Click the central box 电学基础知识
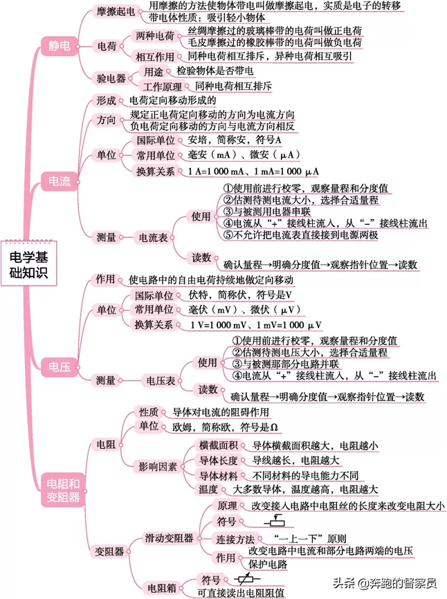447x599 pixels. [x=28, y=264]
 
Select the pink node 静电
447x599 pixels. [x=60, y=46]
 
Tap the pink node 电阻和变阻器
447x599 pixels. [x=63, y=490]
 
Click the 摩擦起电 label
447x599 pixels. [x=116, y=12]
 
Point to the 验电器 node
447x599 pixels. [x=111, y=78]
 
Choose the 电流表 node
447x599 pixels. [x=153, y=238]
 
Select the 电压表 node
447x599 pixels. [x=161, y=380]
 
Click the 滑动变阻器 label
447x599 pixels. [x=169, y=538]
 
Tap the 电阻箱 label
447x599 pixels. [x=162, y=588]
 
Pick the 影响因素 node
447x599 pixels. [x=157, y=466]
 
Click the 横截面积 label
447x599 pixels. [x=218, y=445]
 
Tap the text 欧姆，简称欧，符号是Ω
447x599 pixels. [x=225, y=427]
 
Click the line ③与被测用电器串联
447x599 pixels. [x=266, y=212]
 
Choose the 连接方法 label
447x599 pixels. [x=235, y=539]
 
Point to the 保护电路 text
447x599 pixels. [x=267, y=564]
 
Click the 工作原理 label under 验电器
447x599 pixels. [x=163, y=86]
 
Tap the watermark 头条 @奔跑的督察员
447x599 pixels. [x=385, y=583]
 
